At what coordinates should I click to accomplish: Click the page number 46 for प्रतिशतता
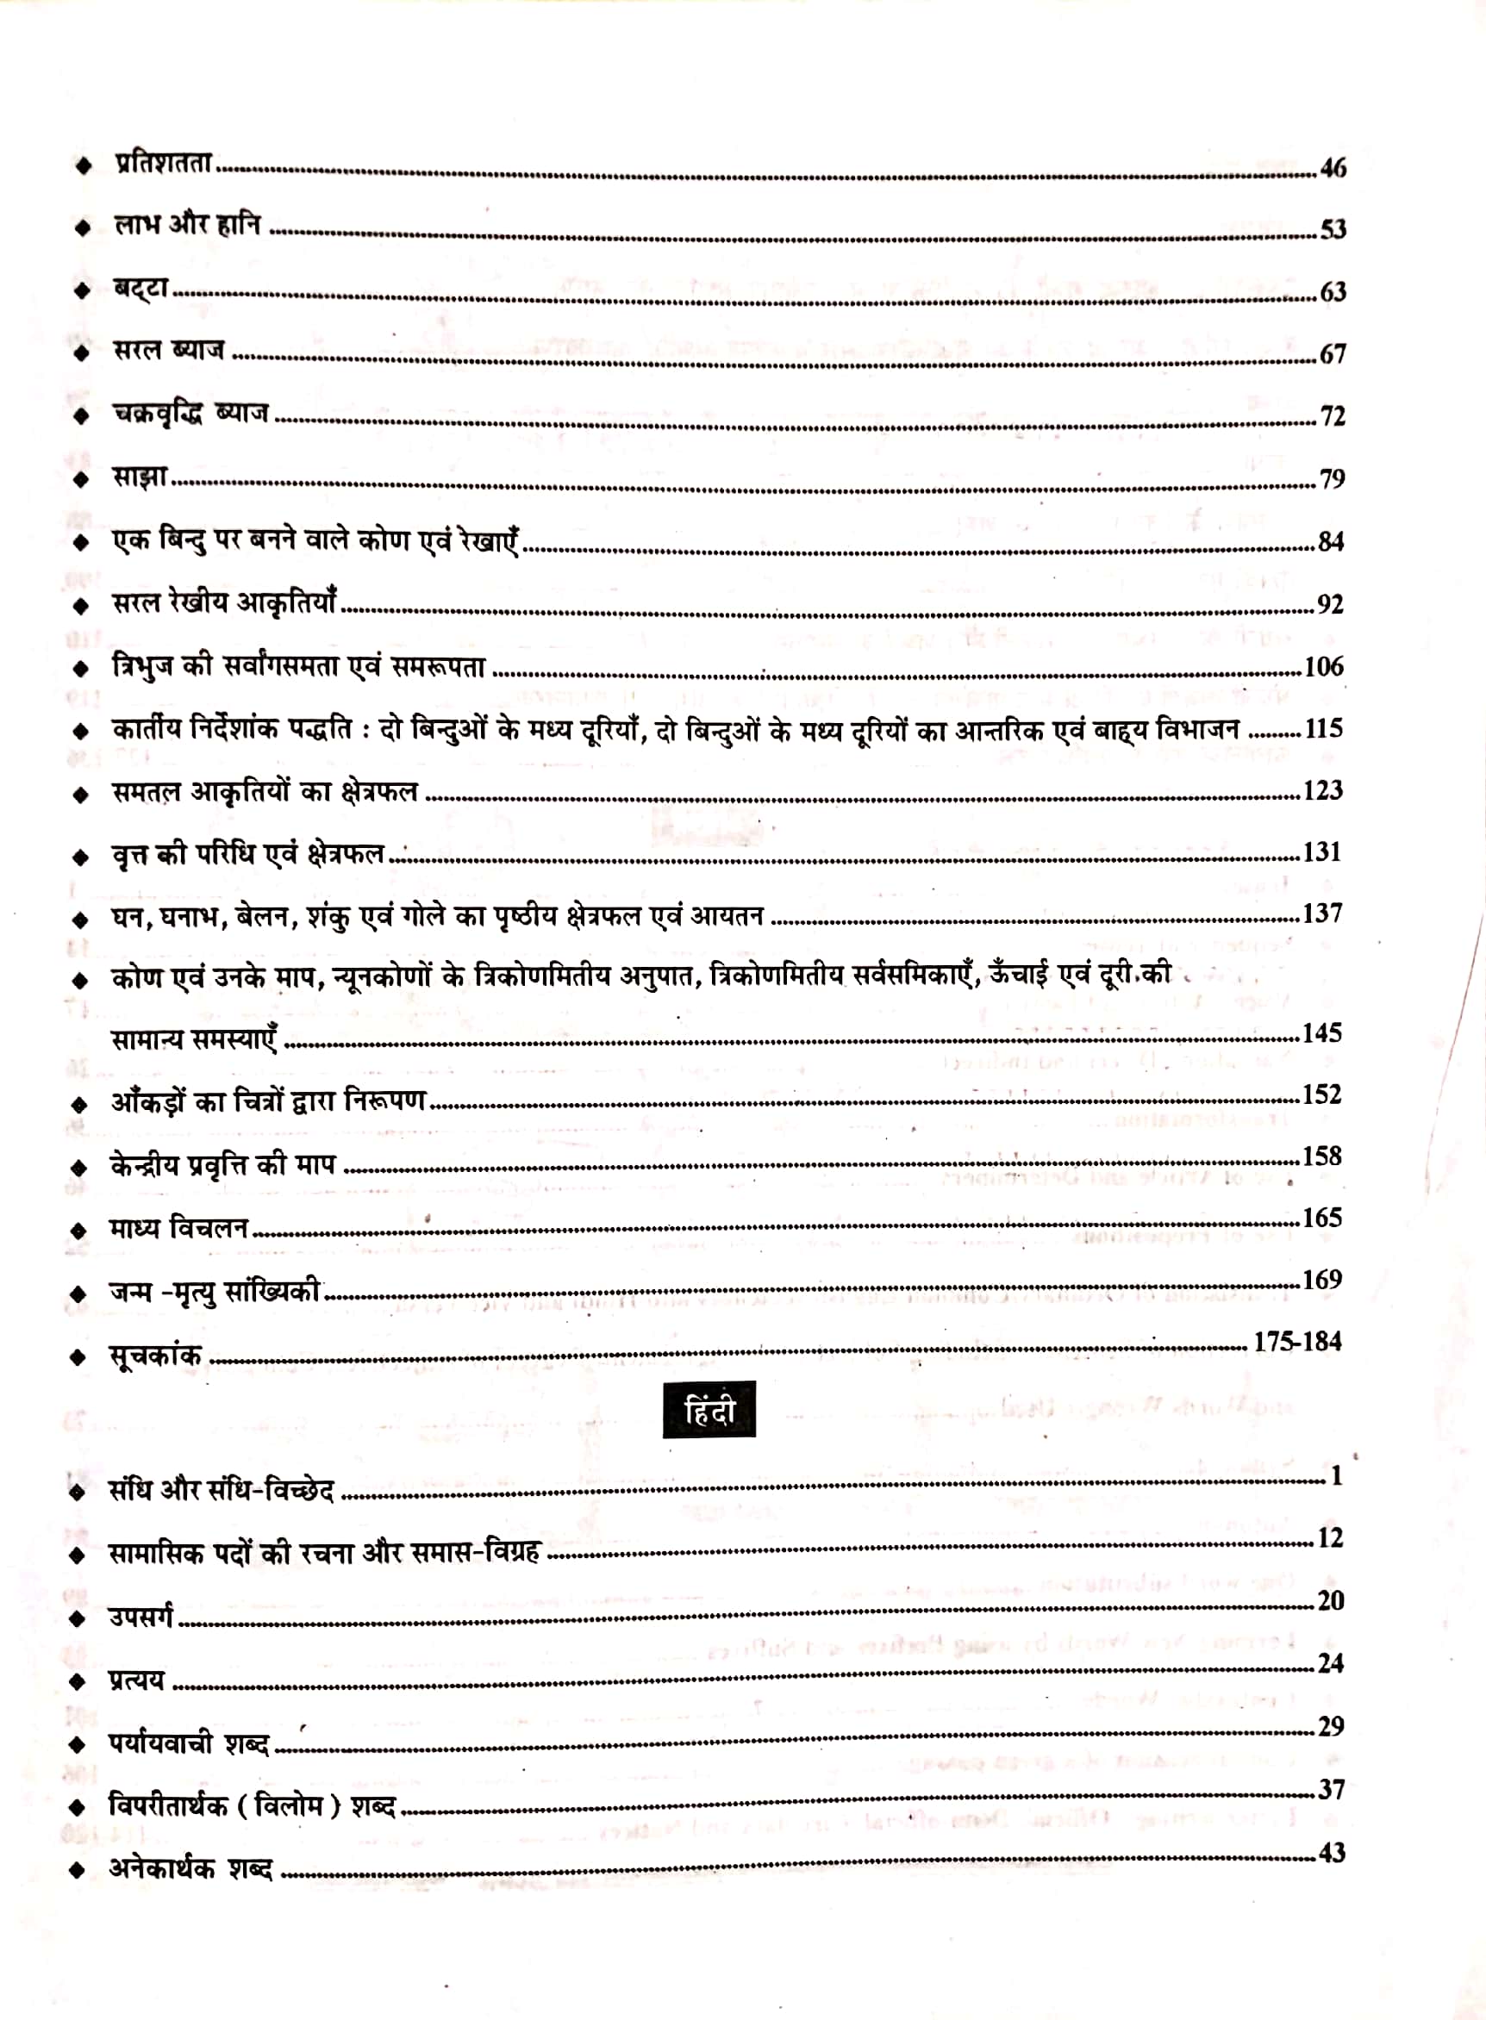[1333, 168]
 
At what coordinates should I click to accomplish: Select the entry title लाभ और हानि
[188, 224]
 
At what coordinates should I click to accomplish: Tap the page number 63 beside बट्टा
[1333, 292]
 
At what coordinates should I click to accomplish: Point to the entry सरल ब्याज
[169, 350]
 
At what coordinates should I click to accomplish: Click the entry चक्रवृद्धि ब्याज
[190, 414]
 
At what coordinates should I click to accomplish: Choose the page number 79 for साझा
[1333, 479]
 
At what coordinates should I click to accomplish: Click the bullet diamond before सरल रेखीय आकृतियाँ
[81, 606]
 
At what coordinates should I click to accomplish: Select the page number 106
[1323, 666]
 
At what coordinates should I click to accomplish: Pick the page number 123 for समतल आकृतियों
[1322, 790]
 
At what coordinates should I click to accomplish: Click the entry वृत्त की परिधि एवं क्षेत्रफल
[248, 853]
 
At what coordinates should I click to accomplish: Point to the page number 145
[1322, 1032]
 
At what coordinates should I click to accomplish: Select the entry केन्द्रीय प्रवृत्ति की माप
[223, 1166]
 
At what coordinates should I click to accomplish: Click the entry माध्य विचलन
[179, 1228]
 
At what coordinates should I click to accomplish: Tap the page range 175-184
[1297, 1342]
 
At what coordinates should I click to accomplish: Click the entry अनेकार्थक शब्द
[190, 1868]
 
